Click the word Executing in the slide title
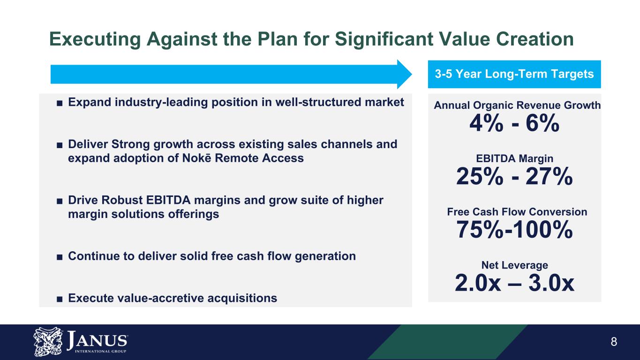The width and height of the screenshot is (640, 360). coord(95,39)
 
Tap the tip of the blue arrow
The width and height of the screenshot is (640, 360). coord(412,74)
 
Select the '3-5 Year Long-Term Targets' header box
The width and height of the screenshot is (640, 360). coord(514,74)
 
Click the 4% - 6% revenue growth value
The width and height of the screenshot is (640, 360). coord(514,123)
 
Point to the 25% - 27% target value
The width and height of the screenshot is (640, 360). coord(514,176)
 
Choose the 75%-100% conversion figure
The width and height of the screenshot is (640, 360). coord(514,229)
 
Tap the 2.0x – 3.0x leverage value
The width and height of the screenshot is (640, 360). coord(514,283)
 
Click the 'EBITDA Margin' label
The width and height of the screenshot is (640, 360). coord(514,158)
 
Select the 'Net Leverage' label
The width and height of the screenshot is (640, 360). coord(514,265)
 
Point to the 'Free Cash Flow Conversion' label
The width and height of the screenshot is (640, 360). coord(517,212)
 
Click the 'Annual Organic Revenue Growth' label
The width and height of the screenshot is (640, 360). coord(517,105)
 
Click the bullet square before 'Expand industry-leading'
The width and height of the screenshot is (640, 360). coord(60,103)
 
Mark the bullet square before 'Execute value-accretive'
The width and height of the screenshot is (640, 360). coord(60,299)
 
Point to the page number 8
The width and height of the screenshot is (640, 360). coord(614,342)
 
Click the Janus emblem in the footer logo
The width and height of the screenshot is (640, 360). coord(48,342)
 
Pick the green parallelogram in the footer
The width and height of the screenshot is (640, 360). coord(448,342)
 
